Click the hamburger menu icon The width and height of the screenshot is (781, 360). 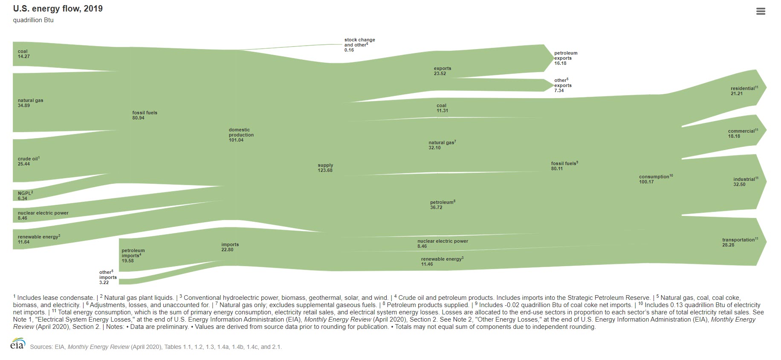[x=761, y=12]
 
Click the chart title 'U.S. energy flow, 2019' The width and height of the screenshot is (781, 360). [x=58, y=9]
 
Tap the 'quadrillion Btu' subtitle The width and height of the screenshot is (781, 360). [x=33, y=20]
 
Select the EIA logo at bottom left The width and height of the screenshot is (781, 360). [x=18, y=344]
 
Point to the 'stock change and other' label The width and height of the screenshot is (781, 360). [x=359, y=45]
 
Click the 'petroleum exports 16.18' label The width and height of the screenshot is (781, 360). [x=566, y=58]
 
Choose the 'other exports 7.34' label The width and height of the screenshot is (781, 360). [x=563, y=85]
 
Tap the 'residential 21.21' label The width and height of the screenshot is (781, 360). [x=744, y=91]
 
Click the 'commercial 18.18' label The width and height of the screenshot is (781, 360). [x=743, y=134]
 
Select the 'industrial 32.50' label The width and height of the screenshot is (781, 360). [x=745, y=182]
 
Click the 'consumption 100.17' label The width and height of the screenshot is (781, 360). [x=656, y=179]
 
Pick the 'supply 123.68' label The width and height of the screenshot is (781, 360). [x=325, y=168]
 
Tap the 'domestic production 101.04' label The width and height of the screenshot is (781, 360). [x=241, y=135]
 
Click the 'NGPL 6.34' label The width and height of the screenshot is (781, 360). [x=25, y=196]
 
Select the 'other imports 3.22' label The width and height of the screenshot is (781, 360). [x=108, y=277]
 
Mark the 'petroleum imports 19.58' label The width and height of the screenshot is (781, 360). [x=133, y=255]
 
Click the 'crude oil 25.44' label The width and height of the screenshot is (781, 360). [x=29, y=161]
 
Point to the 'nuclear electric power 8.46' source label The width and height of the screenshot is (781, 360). [x=43, y=215]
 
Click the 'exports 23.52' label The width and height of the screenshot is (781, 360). [x=442, y=71]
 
